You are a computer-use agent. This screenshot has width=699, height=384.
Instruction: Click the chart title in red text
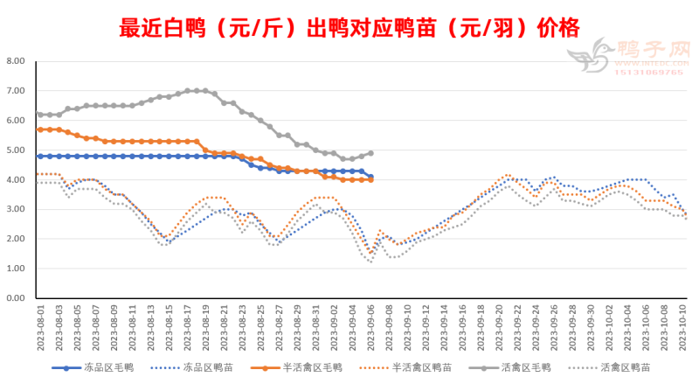[x=349, y=29]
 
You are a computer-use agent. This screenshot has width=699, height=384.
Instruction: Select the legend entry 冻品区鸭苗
[x=205, y=368]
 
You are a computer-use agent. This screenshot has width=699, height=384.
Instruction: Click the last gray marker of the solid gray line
[x=371, y=153]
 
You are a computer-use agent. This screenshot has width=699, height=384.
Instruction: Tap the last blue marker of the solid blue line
[x=371, y=177]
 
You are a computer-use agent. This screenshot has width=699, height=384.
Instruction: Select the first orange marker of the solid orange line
[x=40, y=129]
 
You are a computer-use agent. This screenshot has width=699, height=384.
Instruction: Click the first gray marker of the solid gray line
[x=40, y=115]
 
